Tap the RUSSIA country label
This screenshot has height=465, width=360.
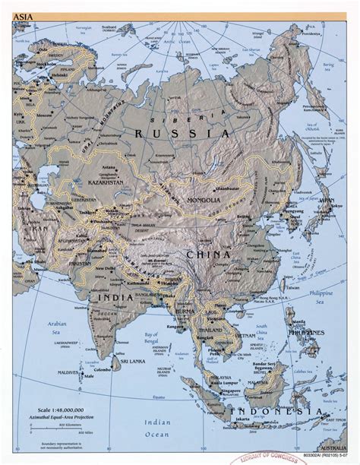tap(181, 134)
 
